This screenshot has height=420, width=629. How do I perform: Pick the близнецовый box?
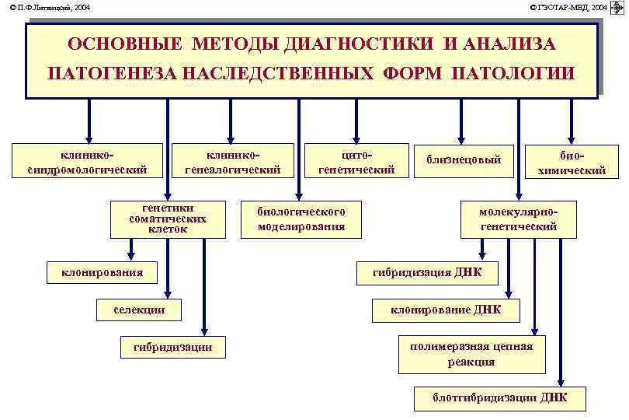[464, 159]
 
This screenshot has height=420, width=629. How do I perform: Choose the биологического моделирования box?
[301, 220]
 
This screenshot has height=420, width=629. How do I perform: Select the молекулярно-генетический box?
[519, 220]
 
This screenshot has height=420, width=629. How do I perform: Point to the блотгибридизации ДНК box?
[500, 397]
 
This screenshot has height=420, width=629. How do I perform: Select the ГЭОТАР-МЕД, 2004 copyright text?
[569, 7]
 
